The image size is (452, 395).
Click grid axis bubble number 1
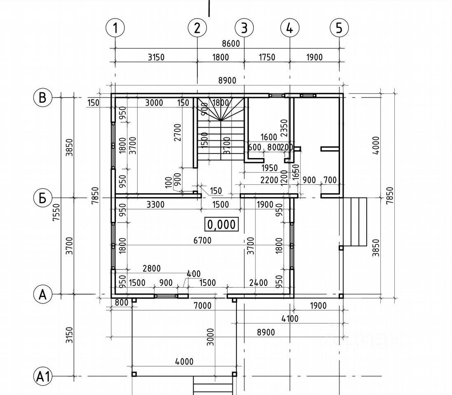115,28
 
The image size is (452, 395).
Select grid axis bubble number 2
197,28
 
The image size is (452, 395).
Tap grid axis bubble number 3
244,28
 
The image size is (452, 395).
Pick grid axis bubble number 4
290,28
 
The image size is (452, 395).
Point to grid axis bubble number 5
339,28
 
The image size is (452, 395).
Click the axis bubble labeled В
42,98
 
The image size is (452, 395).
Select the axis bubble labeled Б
42,198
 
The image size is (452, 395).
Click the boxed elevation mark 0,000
222,224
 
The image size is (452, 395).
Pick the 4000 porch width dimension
184,362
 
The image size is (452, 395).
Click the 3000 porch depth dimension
210,337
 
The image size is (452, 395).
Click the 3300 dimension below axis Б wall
155,204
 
